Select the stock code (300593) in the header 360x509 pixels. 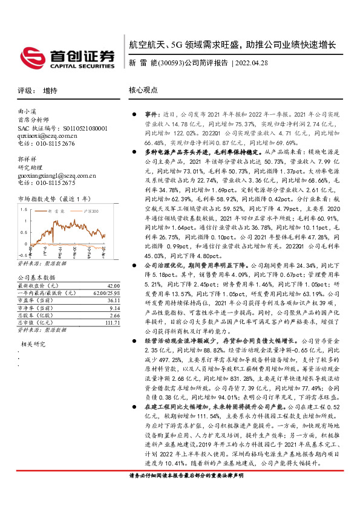pos(170,62)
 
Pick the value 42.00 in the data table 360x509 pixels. pos(112,285)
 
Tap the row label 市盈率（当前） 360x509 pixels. pos(34,301)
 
